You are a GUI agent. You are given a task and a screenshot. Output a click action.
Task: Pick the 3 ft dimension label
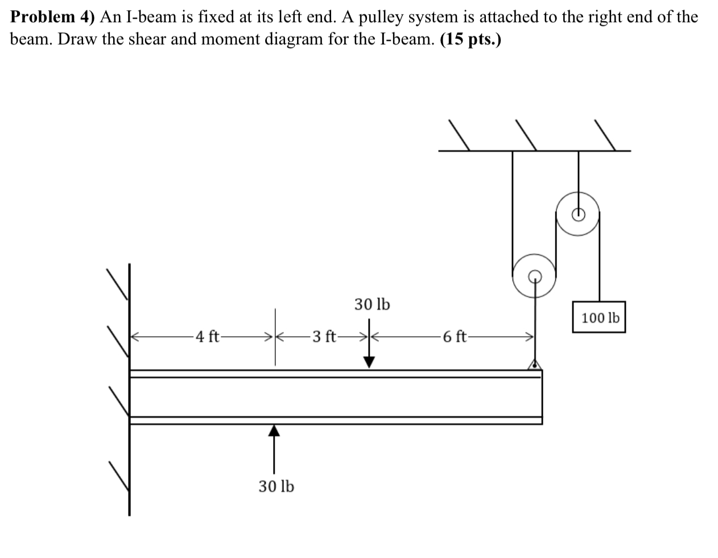click(324, 337)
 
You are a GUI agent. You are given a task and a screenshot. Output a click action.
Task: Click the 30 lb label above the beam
click(372, 304)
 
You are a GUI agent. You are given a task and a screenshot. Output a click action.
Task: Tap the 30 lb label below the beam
click(277, 486)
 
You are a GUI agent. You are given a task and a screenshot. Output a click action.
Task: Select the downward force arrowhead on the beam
click(369, 362)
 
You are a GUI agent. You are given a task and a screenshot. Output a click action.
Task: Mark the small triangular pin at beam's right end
click(534, 365)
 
